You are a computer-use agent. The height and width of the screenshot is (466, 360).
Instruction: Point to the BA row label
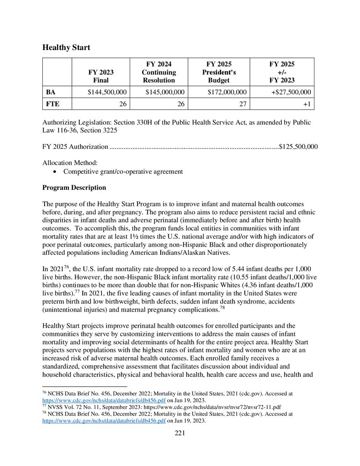(51, 92)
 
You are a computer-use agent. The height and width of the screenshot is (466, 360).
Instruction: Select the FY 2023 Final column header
(101, 76)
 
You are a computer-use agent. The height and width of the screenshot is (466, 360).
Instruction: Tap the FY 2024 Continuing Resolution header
(158, 72)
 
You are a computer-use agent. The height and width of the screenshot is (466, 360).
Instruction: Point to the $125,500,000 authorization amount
(298, 147)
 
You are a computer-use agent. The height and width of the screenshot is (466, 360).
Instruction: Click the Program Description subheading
(74, 187)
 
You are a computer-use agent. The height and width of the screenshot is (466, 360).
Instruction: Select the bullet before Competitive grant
(55, 172)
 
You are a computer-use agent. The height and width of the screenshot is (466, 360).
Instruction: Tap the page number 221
(180, 433)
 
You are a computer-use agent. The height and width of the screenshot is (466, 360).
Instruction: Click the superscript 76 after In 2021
(63, 267)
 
